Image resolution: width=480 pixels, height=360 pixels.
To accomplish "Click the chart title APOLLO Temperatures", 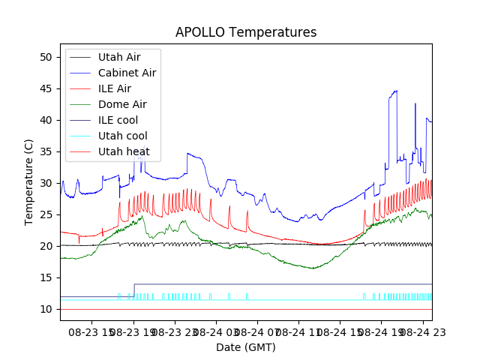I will coord(246,32).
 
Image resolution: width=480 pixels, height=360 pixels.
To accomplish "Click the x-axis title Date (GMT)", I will coord(246,347).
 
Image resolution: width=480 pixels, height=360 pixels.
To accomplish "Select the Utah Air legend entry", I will coord(118,57).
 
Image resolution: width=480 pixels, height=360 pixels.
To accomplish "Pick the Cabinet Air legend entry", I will coord(127,73).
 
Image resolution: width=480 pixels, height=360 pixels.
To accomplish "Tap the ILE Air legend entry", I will coord(114,88).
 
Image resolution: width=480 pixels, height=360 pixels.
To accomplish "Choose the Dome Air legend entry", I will coord(122,104).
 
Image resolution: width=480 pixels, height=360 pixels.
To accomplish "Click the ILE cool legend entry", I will coord(118,120).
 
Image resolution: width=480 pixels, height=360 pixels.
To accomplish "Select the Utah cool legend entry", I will coord(122,136).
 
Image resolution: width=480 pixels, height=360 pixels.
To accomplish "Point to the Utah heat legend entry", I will coord(124,151).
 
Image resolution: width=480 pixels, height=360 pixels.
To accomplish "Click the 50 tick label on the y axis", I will coord(46,57).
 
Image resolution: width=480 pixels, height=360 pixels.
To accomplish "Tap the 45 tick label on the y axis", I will coord(46,88).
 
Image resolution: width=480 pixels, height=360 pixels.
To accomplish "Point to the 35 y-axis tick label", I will coord(46,151).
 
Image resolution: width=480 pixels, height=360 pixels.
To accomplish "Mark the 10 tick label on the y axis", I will coord(46,309).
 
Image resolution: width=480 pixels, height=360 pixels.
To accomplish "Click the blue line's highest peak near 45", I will coord(395,91).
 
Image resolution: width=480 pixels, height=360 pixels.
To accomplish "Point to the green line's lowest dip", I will coord(313,268).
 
